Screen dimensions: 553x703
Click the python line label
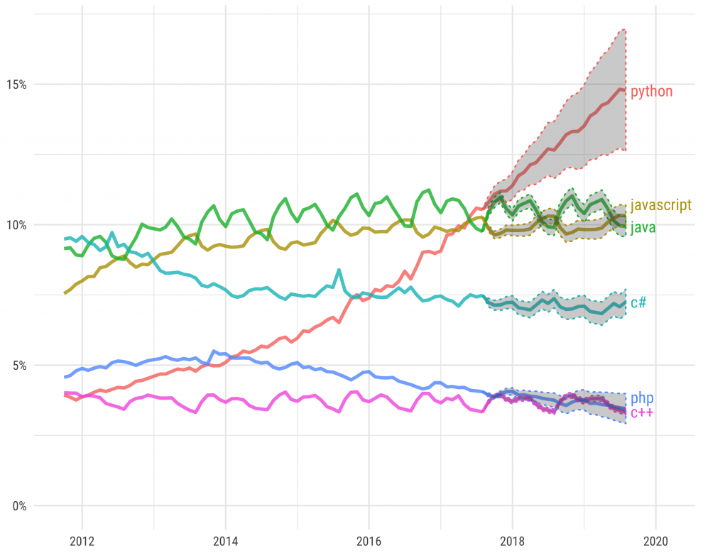pos(651,92)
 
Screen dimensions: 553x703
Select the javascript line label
pos(660,206)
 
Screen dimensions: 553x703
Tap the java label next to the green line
pos(643,229)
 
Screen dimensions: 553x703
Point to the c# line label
pos(638,303)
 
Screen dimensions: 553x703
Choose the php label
pos(642,398)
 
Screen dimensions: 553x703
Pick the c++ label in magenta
pos(642,413)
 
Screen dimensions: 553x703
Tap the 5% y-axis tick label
pos(19,366)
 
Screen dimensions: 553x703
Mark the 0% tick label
pos(19,506)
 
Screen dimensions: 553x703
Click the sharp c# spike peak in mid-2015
pos(339,270)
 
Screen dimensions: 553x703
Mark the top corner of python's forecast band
pos(624,30)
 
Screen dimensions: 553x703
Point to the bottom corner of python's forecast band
pos(624,150)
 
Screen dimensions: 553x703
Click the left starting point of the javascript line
pos(65,292)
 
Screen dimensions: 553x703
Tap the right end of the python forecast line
pos(624,89)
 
